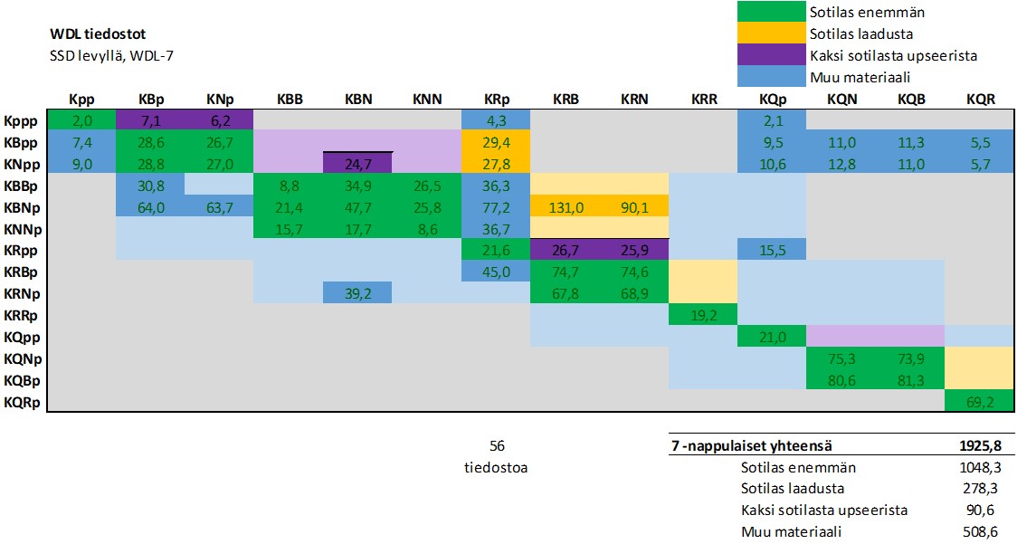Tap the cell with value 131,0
[x=565, y=207]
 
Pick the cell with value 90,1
[x=633, y=207]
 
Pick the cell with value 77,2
[x=496, y=207]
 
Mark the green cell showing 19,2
[x=703, y=316]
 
